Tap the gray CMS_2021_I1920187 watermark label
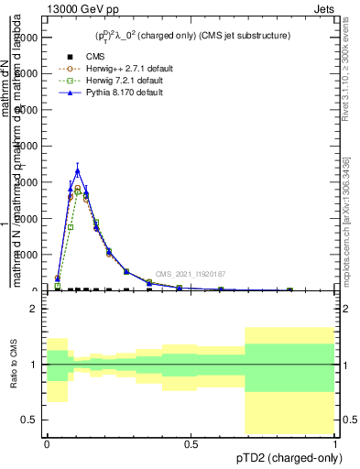coord(190,274)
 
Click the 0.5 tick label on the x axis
coord(191,443)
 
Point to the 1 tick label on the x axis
coord(335,443)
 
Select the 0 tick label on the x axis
coord(47,443)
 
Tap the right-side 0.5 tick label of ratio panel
coord(349,420)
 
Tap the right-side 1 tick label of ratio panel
coord(345,365)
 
